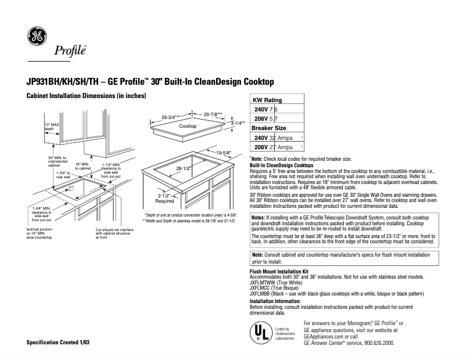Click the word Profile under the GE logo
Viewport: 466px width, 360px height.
(70, 51)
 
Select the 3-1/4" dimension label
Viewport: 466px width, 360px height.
(239, 124)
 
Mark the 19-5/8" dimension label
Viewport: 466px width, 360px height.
(223, 153)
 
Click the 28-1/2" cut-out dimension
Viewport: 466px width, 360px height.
(184, 168)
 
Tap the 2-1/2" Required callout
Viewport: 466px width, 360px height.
(165, 199)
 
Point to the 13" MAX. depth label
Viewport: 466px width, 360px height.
(53, 127)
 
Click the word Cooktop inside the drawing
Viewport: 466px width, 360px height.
(188, 126)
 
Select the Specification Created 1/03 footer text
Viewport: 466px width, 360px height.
(59, 343)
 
